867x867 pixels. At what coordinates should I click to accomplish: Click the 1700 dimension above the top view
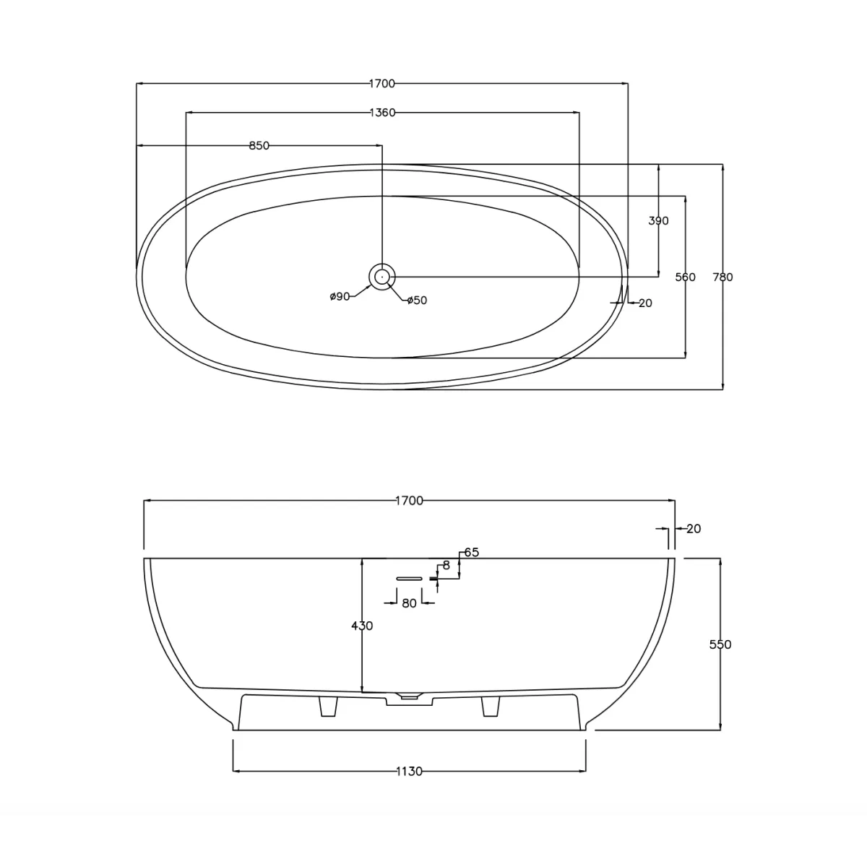(x=382, y=84)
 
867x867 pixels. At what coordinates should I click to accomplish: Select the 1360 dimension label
(x=382, y=112)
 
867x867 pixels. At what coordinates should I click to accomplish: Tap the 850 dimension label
(x=259, y=146)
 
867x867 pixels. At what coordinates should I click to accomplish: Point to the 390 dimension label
(x=658, y=221)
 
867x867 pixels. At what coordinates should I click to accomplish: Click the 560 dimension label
(x=685, y=277)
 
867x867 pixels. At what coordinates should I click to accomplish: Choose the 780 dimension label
(x=722, y=277)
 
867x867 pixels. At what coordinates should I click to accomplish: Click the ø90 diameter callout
(x=340, y=296)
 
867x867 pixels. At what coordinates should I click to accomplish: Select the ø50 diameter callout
(x=417, y=301)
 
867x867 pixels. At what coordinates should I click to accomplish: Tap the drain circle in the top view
(x=382, y=276)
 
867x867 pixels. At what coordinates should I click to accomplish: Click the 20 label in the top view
(x=645, y=303)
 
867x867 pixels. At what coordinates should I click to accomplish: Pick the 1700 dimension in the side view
(x=409, y=501)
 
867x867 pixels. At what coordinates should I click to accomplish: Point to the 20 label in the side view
(x=694, y=529)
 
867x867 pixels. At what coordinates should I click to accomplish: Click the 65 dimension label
(x=472, y=553)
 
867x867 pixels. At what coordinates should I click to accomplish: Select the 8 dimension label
(x=447, y=566)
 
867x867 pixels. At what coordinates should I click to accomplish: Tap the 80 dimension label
(x=410, y=603)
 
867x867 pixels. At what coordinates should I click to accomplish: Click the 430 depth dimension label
(x=362, y=626)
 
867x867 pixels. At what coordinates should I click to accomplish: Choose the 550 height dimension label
(x=720, y=644)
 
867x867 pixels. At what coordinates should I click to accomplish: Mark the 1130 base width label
(x=409, y=772)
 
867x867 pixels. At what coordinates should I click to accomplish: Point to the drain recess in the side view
(x=409, y=697)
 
